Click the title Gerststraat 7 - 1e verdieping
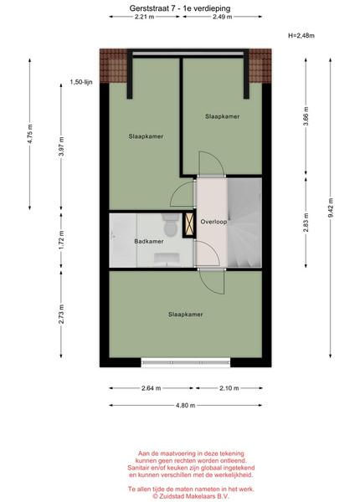[180, 8]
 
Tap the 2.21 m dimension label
[144, 17]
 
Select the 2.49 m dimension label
[222, 17]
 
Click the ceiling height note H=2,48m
[301, 35]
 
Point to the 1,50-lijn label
[81, 82]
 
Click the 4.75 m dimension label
[30, 134]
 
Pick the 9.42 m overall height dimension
[331, 207]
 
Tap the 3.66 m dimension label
[306, 117]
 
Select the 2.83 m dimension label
[306, 223]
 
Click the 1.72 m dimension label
[61, 240]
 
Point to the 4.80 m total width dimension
[186, 405]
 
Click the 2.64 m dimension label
[152, 388]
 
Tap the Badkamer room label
[149, 242]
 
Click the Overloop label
[213, 222]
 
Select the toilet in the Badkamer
[170, 225]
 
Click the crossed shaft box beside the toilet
[189, 226]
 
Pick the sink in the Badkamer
[167, 259]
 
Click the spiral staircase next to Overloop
[244, 223]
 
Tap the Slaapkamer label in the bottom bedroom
[186, 315]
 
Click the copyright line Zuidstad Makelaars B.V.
[191, 496]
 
